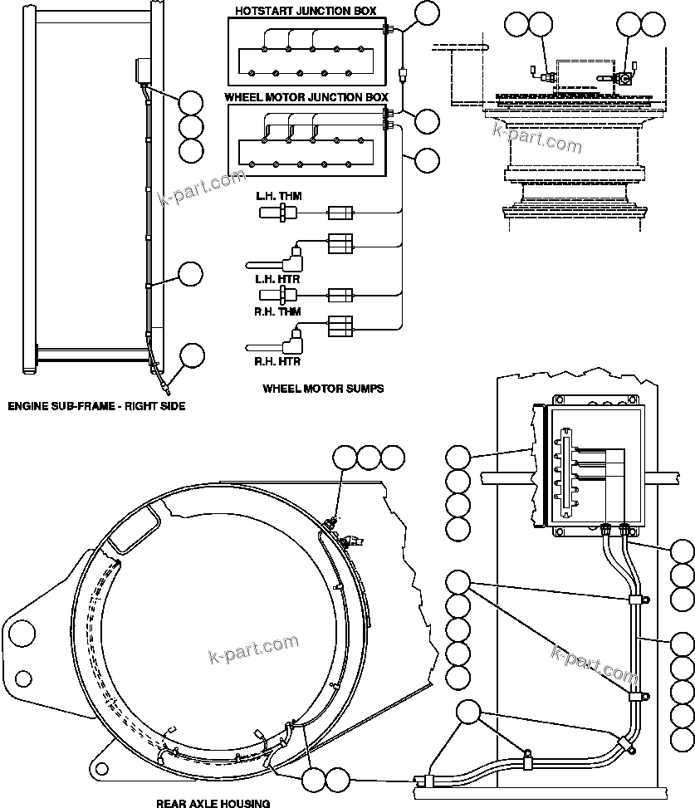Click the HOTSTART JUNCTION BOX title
[x=306, y=11]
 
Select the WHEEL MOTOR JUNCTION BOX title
[x=306, y=97]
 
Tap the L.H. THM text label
[x=278, y=196]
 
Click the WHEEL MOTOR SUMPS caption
[x=323, y=388]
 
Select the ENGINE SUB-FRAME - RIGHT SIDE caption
[x=96, y=406]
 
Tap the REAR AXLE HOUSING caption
[x=213, y=802]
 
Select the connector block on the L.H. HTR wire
[x=341, y=242]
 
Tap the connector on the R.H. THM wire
[x=341, y=295]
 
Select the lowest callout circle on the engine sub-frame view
[x=192, y=355]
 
